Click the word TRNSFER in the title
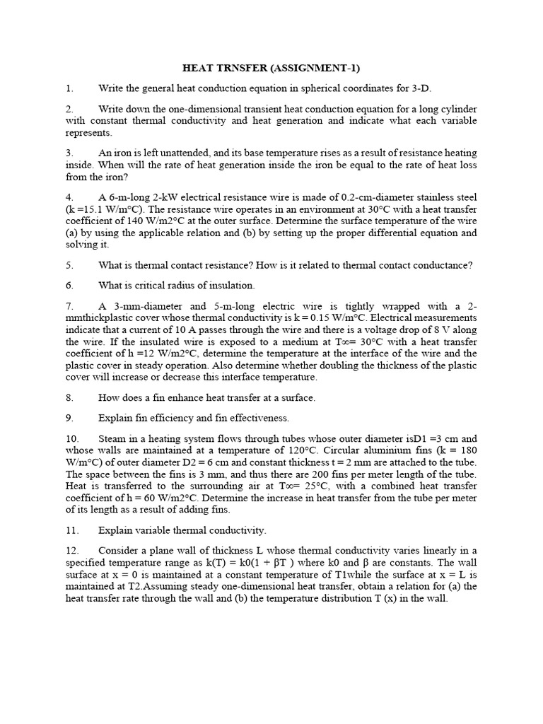241,69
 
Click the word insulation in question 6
231,285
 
